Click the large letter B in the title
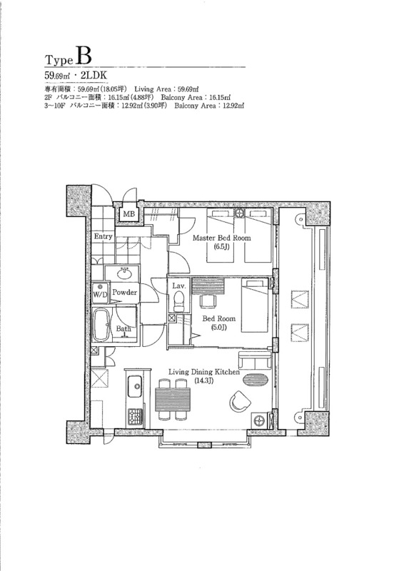click(x=84, y=56)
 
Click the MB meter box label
click(x=128, y=213)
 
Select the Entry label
click(x=103, y=236)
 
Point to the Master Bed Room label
click(x=221, y=238)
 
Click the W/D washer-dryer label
click(x=100, y=295)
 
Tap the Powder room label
click(x=125, y=292)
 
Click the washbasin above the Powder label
click(x=126, y=273)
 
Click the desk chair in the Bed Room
click(x=208, y=300)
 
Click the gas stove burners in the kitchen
click(x=135, y=416)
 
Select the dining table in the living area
click(x=173, y=400)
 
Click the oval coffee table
click(x=256, y=380)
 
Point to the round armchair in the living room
click(x=240, y=401)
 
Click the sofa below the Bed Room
click(x=255, y=361)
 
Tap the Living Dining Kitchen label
click(x=204, y=372)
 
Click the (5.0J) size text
click(x=219, y=327)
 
